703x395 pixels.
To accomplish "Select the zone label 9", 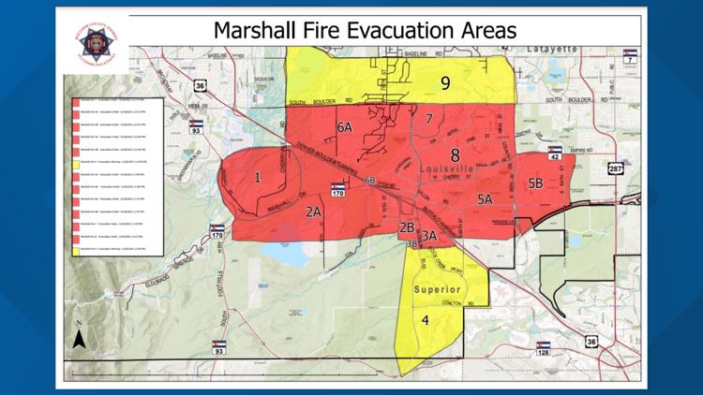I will (445, 83).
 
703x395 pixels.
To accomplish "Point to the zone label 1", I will (257, 176).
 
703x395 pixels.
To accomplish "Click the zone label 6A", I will (344, 126).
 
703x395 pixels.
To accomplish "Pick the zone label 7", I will (428, 119).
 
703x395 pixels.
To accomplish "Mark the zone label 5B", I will (535, 183).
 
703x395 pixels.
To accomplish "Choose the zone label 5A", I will (485, 198).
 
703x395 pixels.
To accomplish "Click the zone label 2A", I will (313, 212).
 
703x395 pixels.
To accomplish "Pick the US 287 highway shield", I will (615, 169).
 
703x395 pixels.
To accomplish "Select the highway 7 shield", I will (631, 55).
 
